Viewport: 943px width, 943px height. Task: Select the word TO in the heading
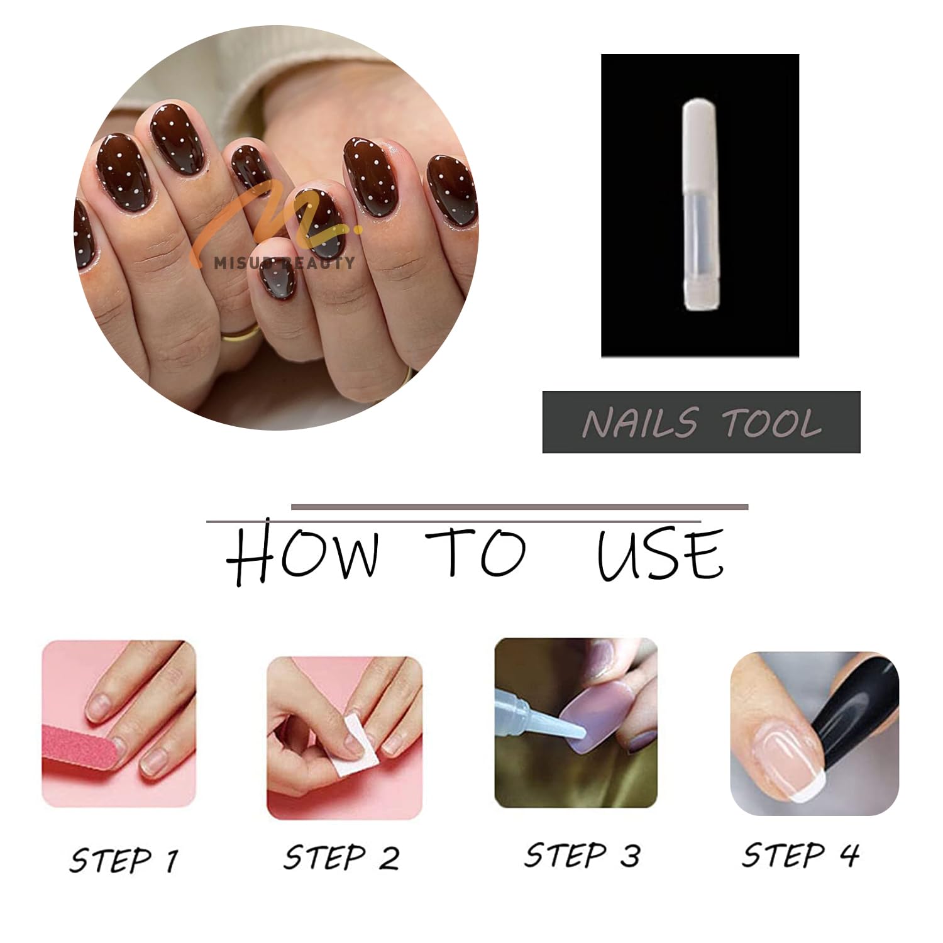(x=476, y=551)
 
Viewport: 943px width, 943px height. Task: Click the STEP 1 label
(x=124, y=859)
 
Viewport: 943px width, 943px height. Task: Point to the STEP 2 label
(x=341, y=858)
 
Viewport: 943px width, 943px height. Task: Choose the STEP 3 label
(x=582, y=856)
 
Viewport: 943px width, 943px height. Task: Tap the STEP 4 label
(x=800, y=855)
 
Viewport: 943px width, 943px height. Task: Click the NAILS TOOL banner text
(x=702, y=422)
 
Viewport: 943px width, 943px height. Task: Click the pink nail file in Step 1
(x=79, y=754)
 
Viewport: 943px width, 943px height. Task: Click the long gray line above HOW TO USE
(x=520, y=507)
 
